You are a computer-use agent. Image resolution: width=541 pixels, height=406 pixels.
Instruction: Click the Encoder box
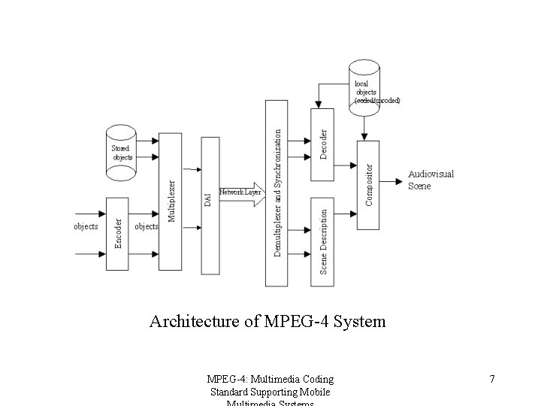pos(117,233)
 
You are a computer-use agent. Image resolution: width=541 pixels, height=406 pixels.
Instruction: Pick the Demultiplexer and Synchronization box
pos(277,192)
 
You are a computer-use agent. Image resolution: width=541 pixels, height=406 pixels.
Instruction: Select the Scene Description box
pos(322,241)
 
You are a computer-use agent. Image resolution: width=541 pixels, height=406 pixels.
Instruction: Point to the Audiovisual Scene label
pos(431,180)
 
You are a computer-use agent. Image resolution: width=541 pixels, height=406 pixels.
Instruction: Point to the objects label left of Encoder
pos(86,226)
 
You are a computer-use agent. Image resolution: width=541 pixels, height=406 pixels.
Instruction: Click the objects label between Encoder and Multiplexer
pos(146,226)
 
